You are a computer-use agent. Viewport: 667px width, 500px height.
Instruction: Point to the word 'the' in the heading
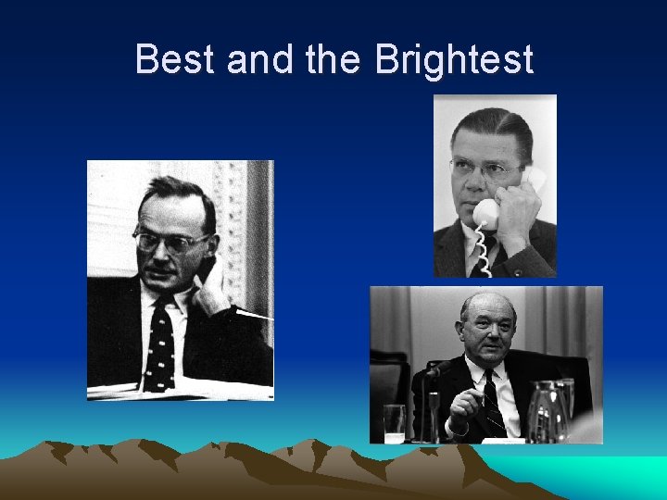coord(334,59)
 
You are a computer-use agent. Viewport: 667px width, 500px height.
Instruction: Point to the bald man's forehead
coord(487,309)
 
